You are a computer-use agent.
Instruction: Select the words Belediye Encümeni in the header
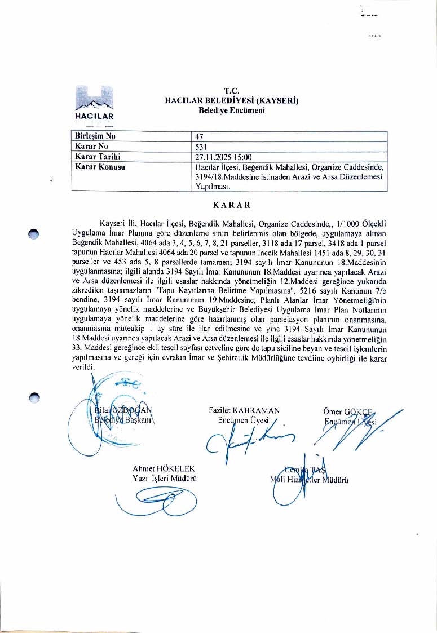[231, 110]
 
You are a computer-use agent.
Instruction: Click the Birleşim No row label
[95, 136]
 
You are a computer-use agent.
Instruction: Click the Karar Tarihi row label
[98, 157]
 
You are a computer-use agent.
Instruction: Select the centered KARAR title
[231, 205]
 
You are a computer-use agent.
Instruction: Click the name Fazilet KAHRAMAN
[244, 411]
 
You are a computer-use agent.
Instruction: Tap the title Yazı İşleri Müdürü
[164, 479]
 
